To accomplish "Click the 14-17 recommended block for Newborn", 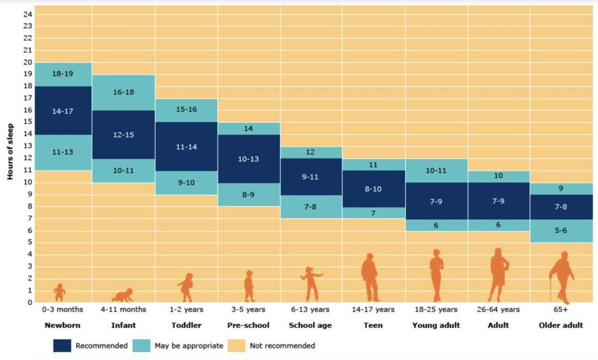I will pos(63,111).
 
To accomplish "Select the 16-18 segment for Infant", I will pos(123,92).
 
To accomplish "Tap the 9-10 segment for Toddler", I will pos(186,183).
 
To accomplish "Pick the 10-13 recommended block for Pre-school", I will pos(249,159).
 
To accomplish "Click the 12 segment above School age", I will pos(310,152).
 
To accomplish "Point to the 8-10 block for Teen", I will pos(373,189).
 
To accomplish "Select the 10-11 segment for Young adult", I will pos(436,171).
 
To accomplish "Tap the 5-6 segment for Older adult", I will pos(561,231).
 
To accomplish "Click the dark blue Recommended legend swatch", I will pos(62,346).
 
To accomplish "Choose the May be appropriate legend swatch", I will pos(142,346).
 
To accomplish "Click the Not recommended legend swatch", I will pos(237,346).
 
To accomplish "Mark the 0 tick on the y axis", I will pos(30,302).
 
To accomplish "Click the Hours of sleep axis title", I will pos(10,151).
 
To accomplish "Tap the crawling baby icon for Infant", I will pos(123,295).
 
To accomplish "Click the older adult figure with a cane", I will pos(562,277).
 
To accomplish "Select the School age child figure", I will pos(311,283).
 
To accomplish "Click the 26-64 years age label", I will pos(498,310).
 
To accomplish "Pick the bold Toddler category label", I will pos(186,325).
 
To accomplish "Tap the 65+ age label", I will pos(561,310).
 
